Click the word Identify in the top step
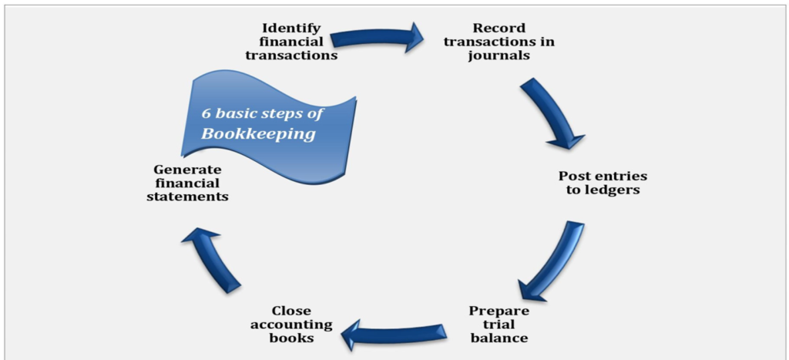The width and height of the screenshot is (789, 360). (x=290, y=28)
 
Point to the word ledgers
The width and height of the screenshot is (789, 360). (x=613, y=190)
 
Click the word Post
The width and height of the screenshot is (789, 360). (x=576, y=177)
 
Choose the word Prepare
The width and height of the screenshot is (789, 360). (x=500, y=311)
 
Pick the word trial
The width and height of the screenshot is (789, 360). (x=500, y=325)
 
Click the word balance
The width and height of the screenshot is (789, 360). (x=500, y=338)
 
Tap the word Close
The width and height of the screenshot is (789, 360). (x=290, y=311)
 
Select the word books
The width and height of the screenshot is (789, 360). (x=290, y=338)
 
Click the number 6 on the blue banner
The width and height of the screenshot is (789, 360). (x=206, y=113)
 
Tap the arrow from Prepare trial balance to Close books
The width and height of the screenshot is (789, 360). (x=393, y=331)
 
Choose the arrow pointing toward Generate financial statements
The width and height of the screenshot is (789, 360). (x=210, y=258)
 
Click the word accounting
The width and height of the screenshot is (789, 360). (x=290, y=325)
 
